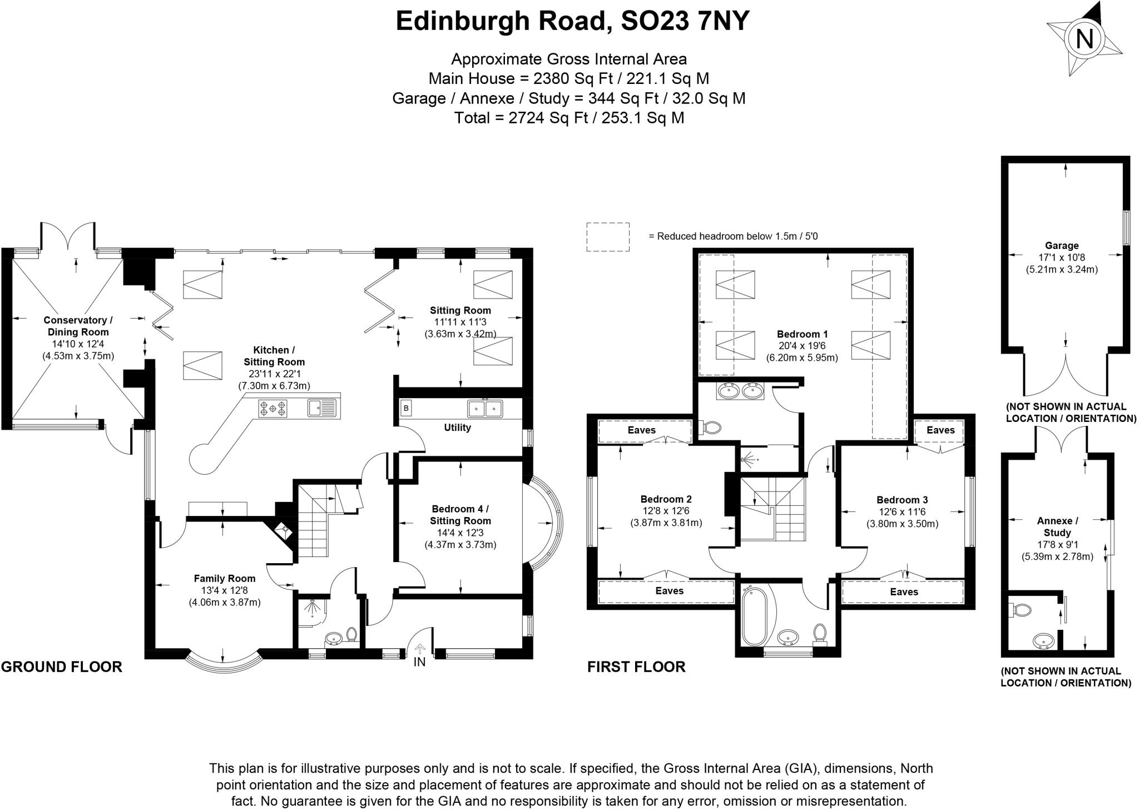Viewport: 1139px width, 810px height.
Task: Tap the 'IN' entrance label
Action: coord(419,662)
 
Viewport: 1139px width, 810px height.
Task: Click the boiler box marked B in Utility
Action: coord(406,408)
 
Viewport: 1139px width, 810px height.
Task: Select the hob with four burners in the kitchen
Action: coord(273,409)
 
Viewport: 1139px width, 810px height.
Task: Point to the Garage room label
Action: coord(1061,245)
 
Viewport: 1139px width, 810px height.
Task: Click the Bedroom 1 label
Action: coord(802,334)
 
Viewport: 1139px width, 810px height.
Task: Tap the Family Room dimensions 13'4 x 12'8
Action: coord(224,590)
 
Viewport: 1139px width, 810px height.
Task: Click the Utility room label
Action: coord(457,428)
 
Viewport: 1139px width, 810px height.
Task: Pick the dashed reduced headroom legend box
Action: coord(607,237)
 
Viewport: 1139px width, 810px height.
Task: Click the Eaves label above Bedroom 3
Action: coord(940,430)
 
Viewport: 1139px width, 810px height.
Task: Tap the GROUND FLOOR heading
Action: coord(61,667)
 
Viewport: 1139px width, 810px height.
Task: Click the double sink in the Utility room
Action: coord(484,409)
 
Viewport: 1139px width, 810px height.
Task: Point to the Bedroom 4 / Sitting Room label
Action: coord(460,515)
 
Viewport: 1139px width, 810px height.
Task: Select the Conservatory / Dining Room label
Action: coord(78,326)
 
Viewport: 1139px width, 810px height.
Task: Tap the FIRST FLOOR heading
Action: coord(636,667)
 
